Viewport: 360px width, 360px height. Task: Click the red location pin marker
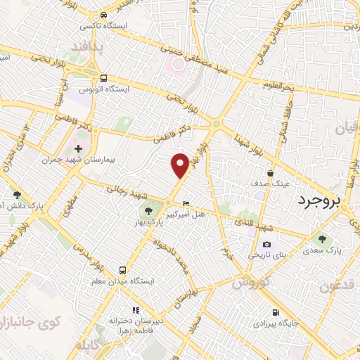(x=180, y=165)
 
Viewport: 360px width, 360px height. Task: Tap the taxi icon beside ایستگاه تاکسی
(x=104, y=15)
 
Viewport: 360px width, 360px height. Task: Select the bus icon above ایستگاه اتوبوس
(x=104, y=79)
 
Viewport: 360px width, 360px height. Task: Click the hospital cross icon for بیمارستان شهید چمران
(x=78, y=149)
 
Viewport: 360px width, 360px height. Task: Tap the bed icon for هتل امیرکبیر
(x=185, y=204)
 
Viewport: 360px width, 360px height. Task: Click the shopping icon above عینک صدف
(x=271, y=172)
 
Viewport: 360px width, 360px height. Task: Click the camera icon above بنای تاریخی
(x=256, y=244)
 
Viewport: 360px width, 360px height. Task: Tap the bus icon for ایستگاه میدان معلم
(x=123, y=269)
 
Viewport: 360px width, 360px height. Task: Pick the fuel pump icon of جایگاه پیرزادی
(x=274, y=312)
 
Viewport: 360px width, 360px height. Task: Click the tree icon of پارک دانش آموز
(x=18, y=195)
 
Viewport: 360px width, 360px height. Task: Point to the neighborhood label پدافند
(x=87, y=46)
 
